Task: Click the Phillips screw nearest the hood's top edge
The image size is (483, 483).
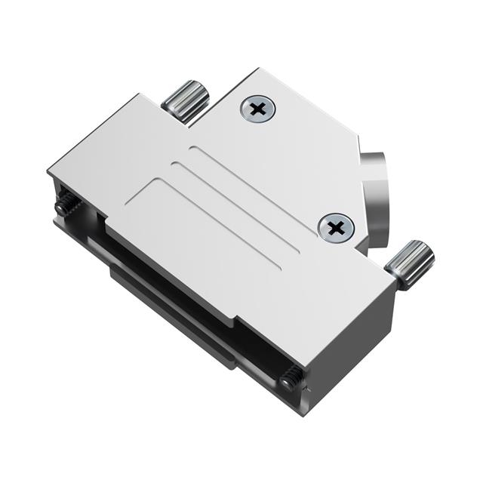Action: pyautogui.click(x=258, y=109)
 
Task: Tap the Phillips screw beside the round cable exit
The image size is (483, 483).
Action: pyautogui.click(x=336, y=226)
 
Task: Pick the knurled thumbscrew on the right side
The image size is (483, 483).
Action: pyautogui.click(x=411, y=264)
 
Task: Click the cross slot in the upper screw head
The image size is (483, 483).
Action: pyautogui.click(x=258, y=109)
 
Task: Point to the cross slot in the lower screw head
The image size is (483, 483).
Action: pyautogui.click(x=336, y=226)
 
